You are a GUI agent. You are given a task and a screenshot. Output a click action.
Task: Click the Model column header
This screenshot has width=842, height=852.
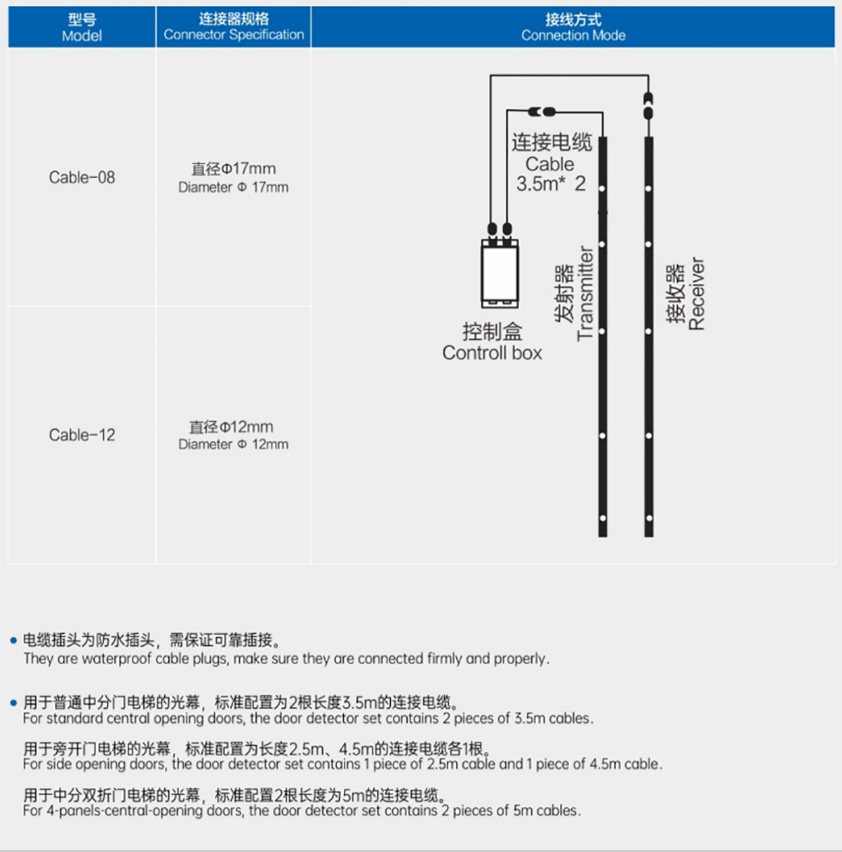coord(82,27)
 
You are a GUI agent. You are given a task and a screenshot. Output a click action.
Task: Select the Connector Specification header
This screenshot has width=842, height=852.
coord(234,27)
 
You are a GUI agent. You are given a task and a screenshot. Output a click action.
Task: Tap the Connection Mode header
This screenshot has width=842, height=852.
coord(573,27)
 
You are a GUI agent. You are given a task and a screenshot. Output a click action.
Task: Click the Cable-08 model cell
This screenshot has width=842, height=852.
coord(82,177)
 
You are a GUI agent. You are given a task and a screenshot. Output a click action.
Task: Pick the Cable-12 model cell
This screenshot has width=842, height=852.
coord(82,435)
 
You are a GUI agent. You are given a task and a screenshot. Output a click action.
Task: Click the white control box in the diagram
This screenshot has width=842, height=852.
coord(500,273)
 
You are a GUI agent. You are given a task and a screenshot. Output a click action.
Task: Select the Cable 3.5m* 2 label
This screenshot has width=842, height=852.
coord(552,163)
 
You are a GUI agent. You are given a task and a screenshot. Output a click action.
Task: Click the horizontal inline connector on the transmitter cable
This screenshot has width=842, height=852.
coord(542,112)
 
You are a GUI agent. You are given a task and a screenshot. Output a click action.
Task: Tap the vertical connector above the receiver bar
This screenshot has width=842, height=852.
coord(648,106)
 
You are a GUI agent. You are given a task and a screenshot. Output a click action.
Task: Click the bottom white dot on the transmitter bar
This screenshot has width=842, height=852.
coord(602,518)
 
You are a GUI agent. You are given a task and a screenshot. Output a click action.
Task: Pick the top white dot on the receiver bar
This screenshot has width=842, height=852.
coord(648,189)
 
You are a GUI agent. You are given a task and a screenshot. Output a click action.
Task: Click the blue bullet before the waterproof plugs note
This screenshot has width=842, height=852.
coord(13,640)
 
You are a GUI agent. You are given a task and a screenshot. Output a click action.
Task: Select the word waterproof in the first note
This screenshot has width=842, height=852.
coord(114,658)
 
